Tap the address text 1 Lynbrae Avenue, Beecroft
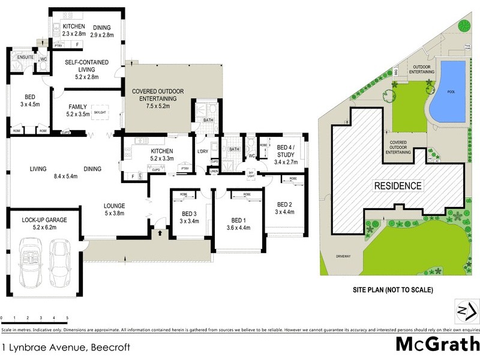tap(65, 347)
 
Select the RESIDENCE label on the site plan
tap(399, 185)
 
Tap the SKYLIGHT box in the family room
tap(100, 112)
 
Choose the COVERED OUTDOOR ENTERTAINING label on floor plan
tap(155, 98)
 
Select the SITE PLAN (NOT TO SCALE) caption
tap(392, 290)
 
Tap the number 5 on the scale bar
tap(67, 317)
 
